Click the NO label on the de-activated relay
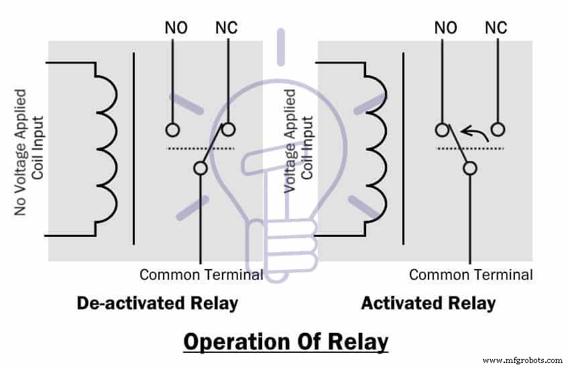coord(176,28)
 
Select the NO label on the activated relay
coord(445,28)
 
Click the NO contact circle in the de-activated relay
coord(172,129)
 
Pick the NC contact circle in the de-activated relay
coord(228,129)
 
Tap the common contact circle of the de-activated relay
coord(200,168)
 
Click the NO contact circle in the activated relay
coord(442,129)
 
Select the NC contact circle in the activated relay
coord(498,129)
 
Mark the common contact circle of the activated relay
coord(470,168)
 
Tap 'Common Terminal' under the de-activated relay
coord(201,274)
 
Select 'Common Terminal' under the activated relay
coord(471,274)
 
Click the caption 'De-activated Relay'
coord(158,303)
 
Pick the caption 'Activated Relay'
coord(428,303)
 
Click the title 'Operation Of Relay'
coord(286,342)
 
